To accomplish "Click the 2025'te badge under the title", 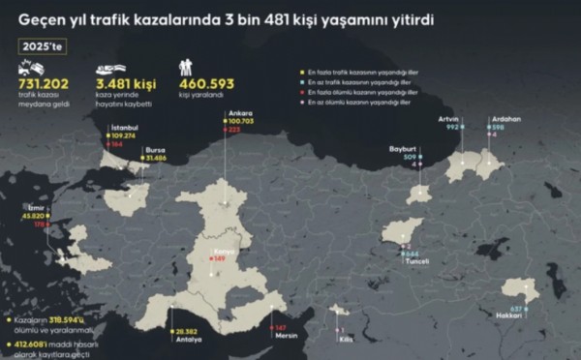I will coord(42,45).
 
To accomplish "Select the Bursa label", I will coord(155,151).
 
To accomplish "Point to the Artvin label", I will coord(446,118).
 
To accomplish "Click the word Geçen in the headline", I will coord(41,18).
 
